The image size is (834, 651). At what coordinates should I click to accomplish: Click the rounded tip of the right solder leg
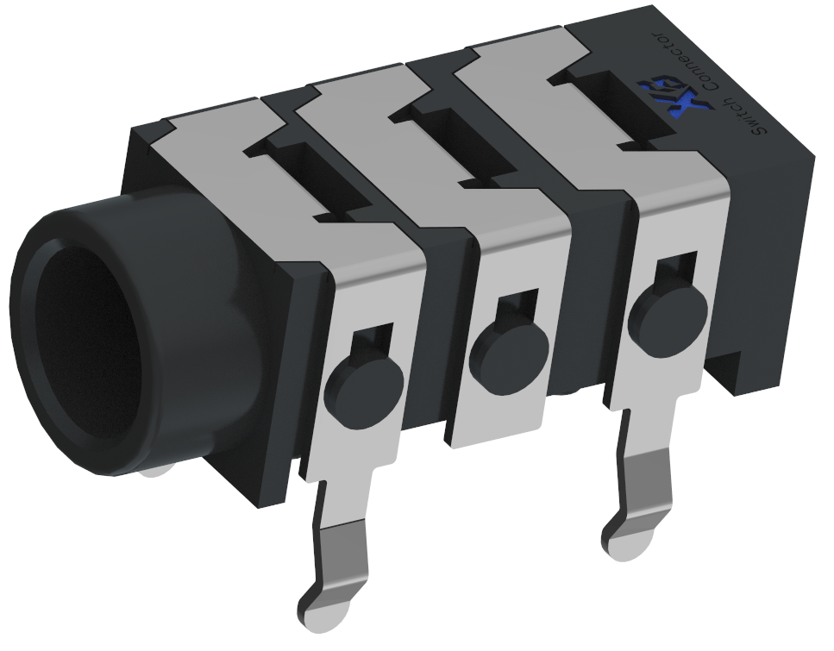624,540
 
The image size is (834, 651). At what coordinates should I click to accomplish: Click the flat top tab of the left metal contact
207,129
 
